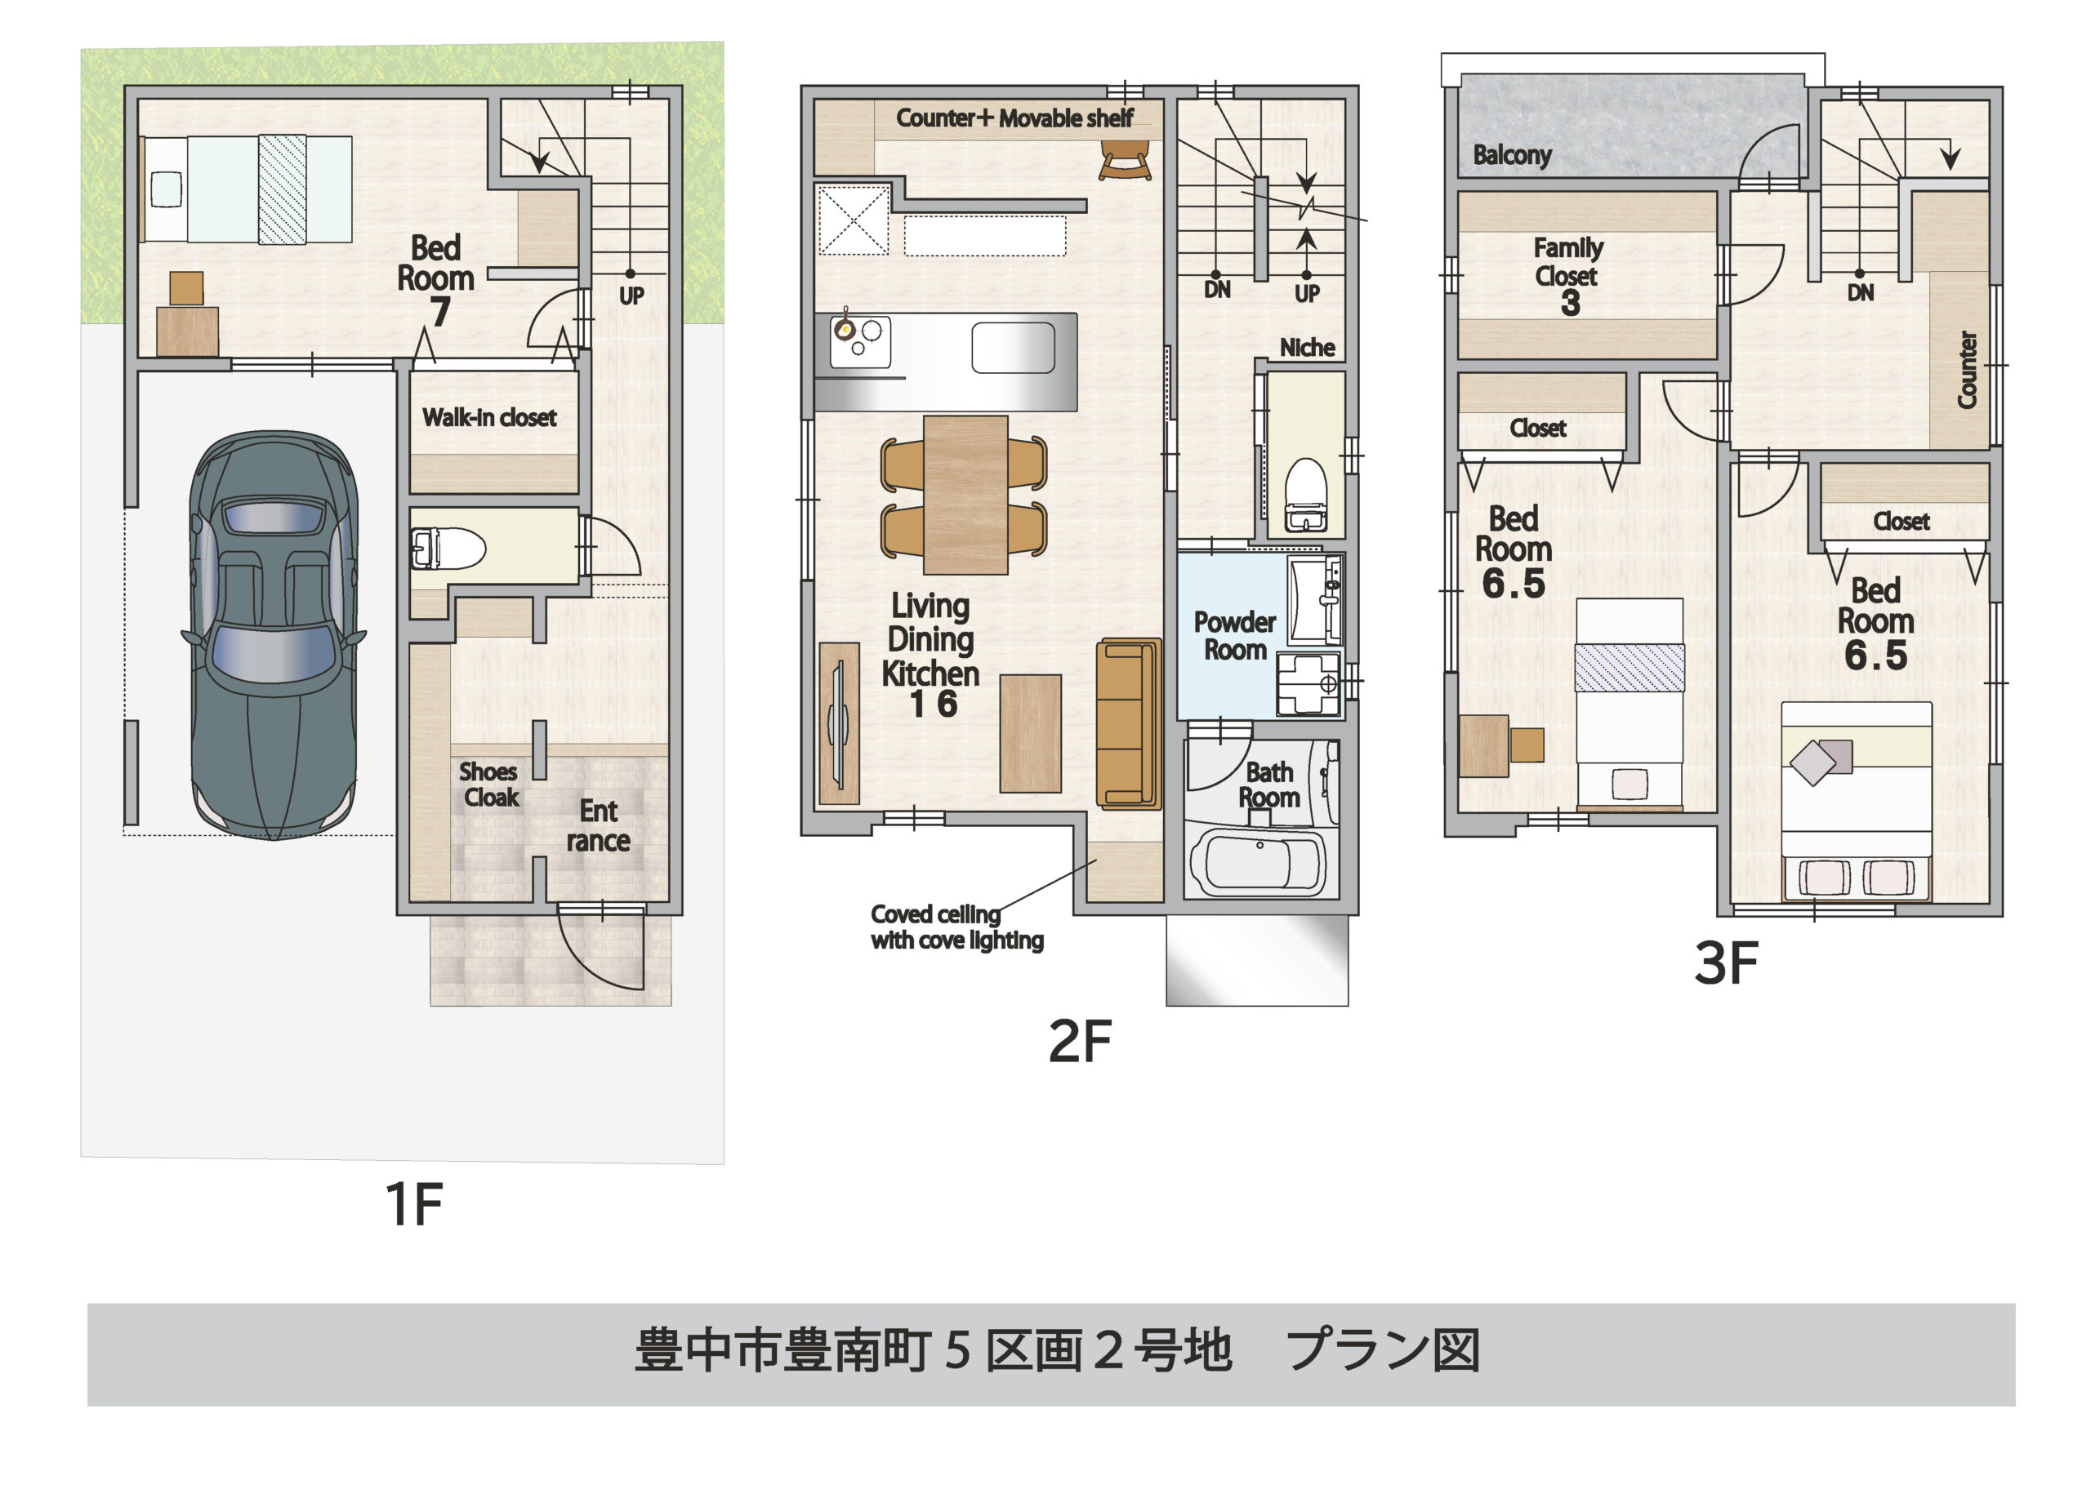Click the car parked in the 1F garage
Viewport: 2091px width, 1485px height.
click(274, 634)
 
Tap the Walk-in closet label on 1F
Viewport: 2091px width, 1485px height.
click(489, 418)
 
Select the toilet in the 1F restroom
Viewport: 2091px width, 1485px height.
click(448, 549)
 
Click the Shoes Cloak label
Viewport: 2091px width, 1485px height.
click(489, 785)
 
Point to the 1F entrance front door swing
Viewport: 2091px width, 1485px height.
click(600, 951)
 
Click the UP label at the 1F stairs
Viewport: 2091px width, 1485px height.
click(631, 296)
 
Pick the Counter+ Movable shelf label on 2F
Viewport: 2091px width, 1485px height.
click(1014, 118)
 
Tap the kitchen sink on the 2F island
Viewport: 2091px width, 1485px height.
click(1013, 348)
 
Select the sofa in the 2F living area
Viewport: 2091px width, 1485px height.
click(1128, 723)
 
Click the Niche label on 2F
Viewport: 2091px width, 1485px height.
click(1306, 348)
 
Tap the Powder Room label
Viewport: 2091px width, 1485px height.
click(1234, 635)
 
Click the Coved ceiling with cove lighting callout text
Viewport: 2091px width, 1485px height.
click(956, 927)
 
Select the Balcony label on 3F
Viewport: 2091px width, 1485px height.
click(1511, 154)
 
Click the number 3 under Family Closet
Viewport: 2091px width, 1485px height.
click(1570, 304)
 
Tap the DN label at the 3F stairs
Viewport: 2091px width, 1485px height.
click(1860, 292)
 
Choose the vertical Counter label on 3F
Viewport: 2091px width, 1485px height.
click(1966, 370)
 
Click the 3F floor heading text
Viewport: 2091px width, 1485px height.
click(1725, 963)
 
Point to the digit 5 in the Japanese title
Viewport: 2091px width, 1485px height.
click(956, 1350)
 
